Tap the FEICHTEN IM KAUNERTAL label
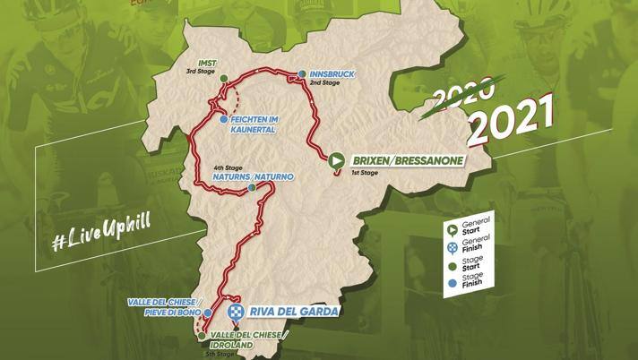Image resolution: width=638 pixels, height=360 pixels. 252,124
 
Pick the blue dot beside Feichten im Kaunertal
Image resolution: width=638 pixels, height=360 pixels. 222,119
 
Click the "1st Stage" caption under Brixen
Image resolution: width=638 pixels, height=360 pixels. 369,173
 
